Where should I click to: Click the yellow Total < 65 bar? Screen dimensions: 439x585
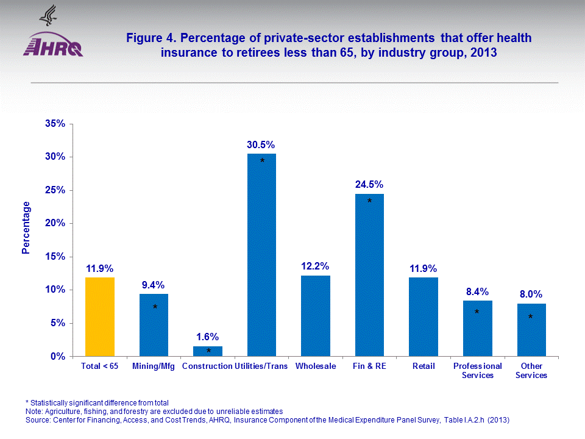[x=100, y=317]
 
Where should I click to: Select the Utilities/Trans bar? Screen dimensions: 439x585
[x=261, y=256]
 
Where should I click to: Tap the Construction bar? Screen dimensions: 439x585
[x=208, y=351]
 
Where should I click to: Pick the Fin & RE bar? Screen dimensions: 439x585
[x=369, y=276]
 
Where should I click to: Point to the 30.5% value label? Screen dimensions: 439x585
[x=261, y=145]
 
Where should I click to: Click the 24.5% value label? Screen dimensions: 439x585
[x=369, y=184]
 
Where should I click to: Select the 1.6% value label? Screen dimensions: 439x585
[x=208, y=337]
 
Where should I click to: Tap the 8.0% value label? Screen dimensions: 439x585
[x=531, y=294]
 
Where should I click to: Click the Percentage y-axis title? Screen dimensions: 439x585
[x=26, y=227]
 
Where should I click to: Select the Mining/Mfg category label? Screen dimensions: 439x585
[x=154, y=366]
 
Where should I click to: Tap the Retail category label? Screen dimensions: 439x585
[x=424, y=366]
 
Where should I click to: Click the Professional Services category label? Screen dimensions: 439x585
[x=477, y=371]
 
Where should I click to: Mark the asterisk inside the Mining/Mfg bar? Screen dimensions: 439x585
[x=155, y=308]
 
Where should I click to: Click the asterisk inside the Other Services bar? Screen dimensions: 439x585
[x=531, y=318]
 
